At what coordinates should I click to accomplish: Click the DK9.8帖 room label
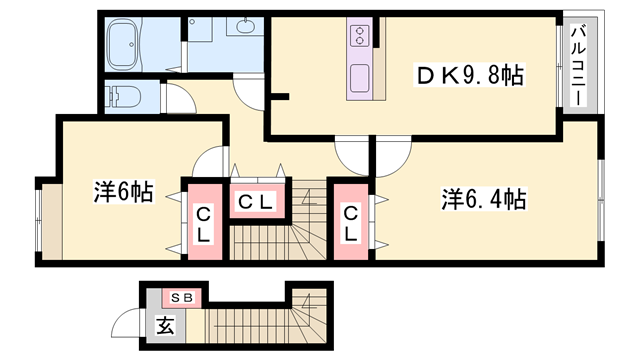click(x=470, y=75)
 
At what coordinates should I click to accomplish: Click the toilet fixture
click(x=125, y=97)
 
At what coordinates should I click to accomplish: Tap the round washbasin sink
click(x=245, y=28)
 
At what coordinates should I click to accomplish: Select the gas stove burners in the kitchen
click(x=359, y=38)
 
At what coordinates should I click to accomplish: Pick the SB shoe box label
click(x=183, y=296)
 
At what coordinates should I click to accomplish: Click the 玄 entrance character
click(x=163, y=324)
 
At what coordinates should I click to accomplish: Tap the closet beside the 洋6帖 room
click(x=202, y=223)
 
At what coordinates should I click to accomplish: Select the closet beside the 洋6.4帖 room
click(x=351, y=223)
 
